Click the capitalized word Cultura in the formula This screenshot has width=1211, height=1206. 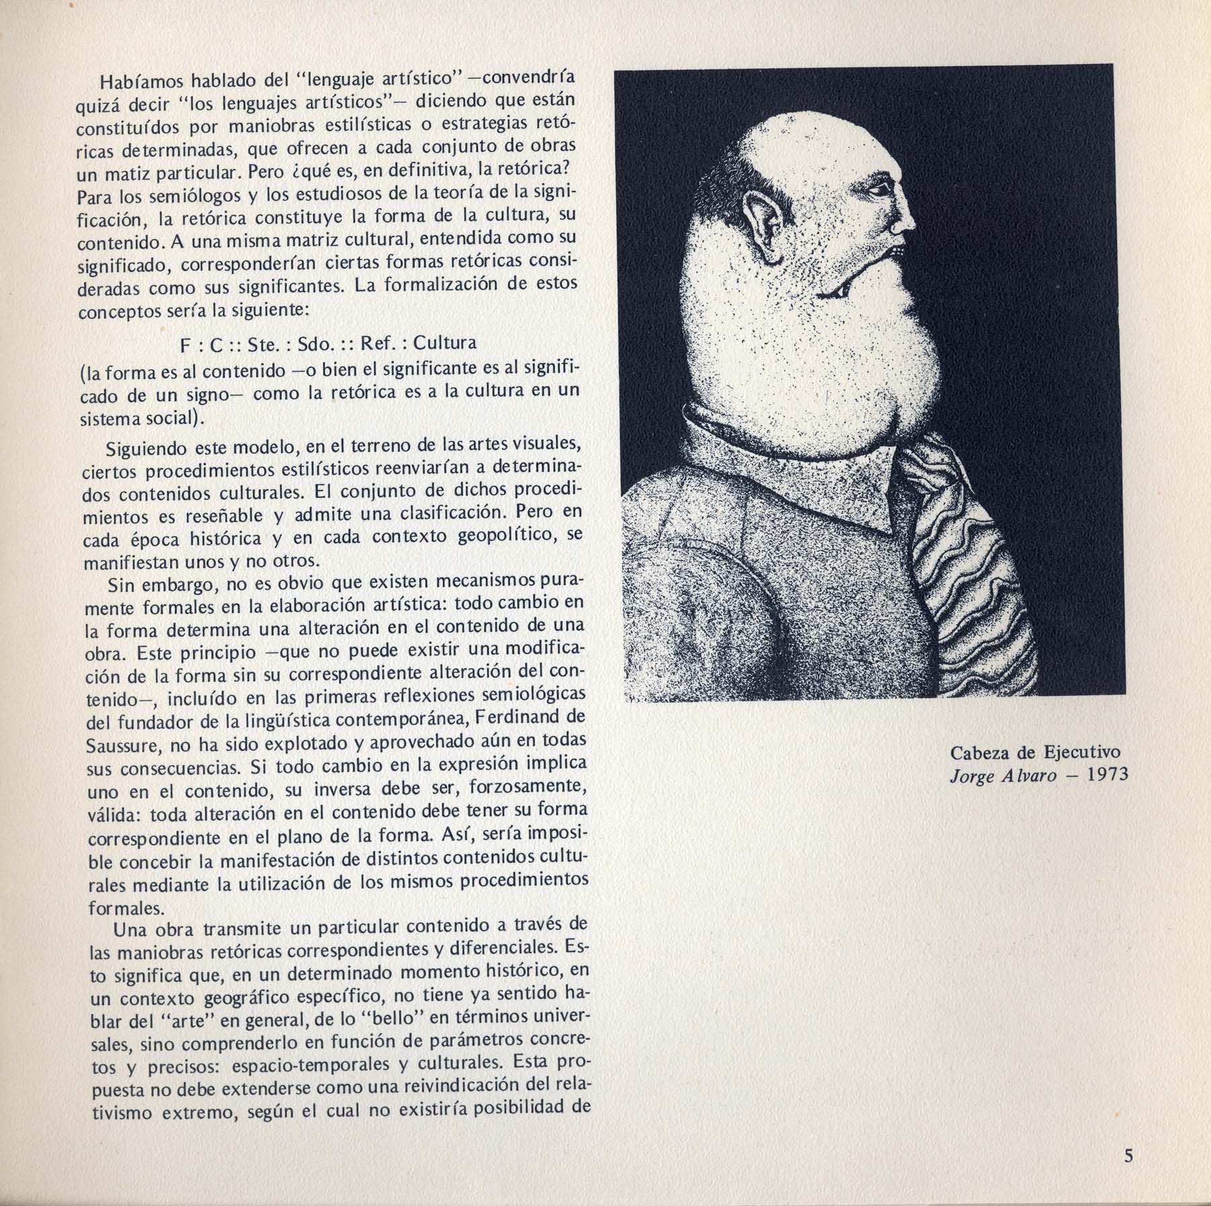pos(445,343)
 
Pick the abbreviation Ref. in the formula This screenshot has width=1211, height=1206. pos(379,343)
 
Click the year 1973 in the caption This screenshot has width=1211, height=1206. pos(1107,775)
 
